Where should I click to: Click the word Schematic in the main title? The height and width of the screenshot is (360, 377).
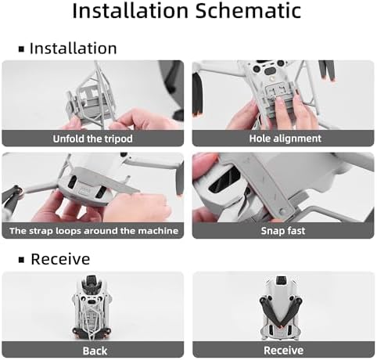[249, 10]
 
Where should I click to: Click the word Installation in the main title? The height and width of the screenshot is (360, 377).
[130, 10]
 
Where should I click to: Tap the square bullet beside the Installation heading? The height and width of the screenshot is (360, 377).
[21, 49]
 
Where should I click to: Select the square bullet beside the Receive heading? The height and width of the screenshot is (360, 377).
[21, 260]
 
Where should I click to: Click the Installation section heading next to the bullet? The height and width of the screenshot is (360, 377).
[74, 49]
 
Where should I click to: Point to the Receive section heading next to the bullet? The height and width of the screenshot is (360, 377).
[60, 259]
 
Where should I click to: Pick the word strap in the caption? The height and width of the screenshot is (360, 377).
[41, 231]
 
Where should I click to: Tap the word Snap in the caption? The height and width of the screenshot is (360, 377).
[272, 231]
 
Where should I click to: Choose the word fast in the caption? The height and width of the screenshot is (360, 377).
[295, 231]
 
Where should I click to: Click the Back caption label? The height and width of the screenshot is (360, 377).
[95, 351]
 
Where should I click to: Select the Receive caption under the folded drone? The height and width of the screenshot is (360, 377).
[283, 351]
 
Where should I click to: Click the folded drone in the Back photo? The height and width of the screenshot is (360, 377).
[93, 308]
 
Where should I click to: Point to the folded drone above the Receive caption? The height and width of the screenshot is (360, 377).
[281, 308]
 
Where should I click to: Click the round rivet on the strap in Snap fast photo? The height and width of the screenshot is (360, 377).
[282, 211]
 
